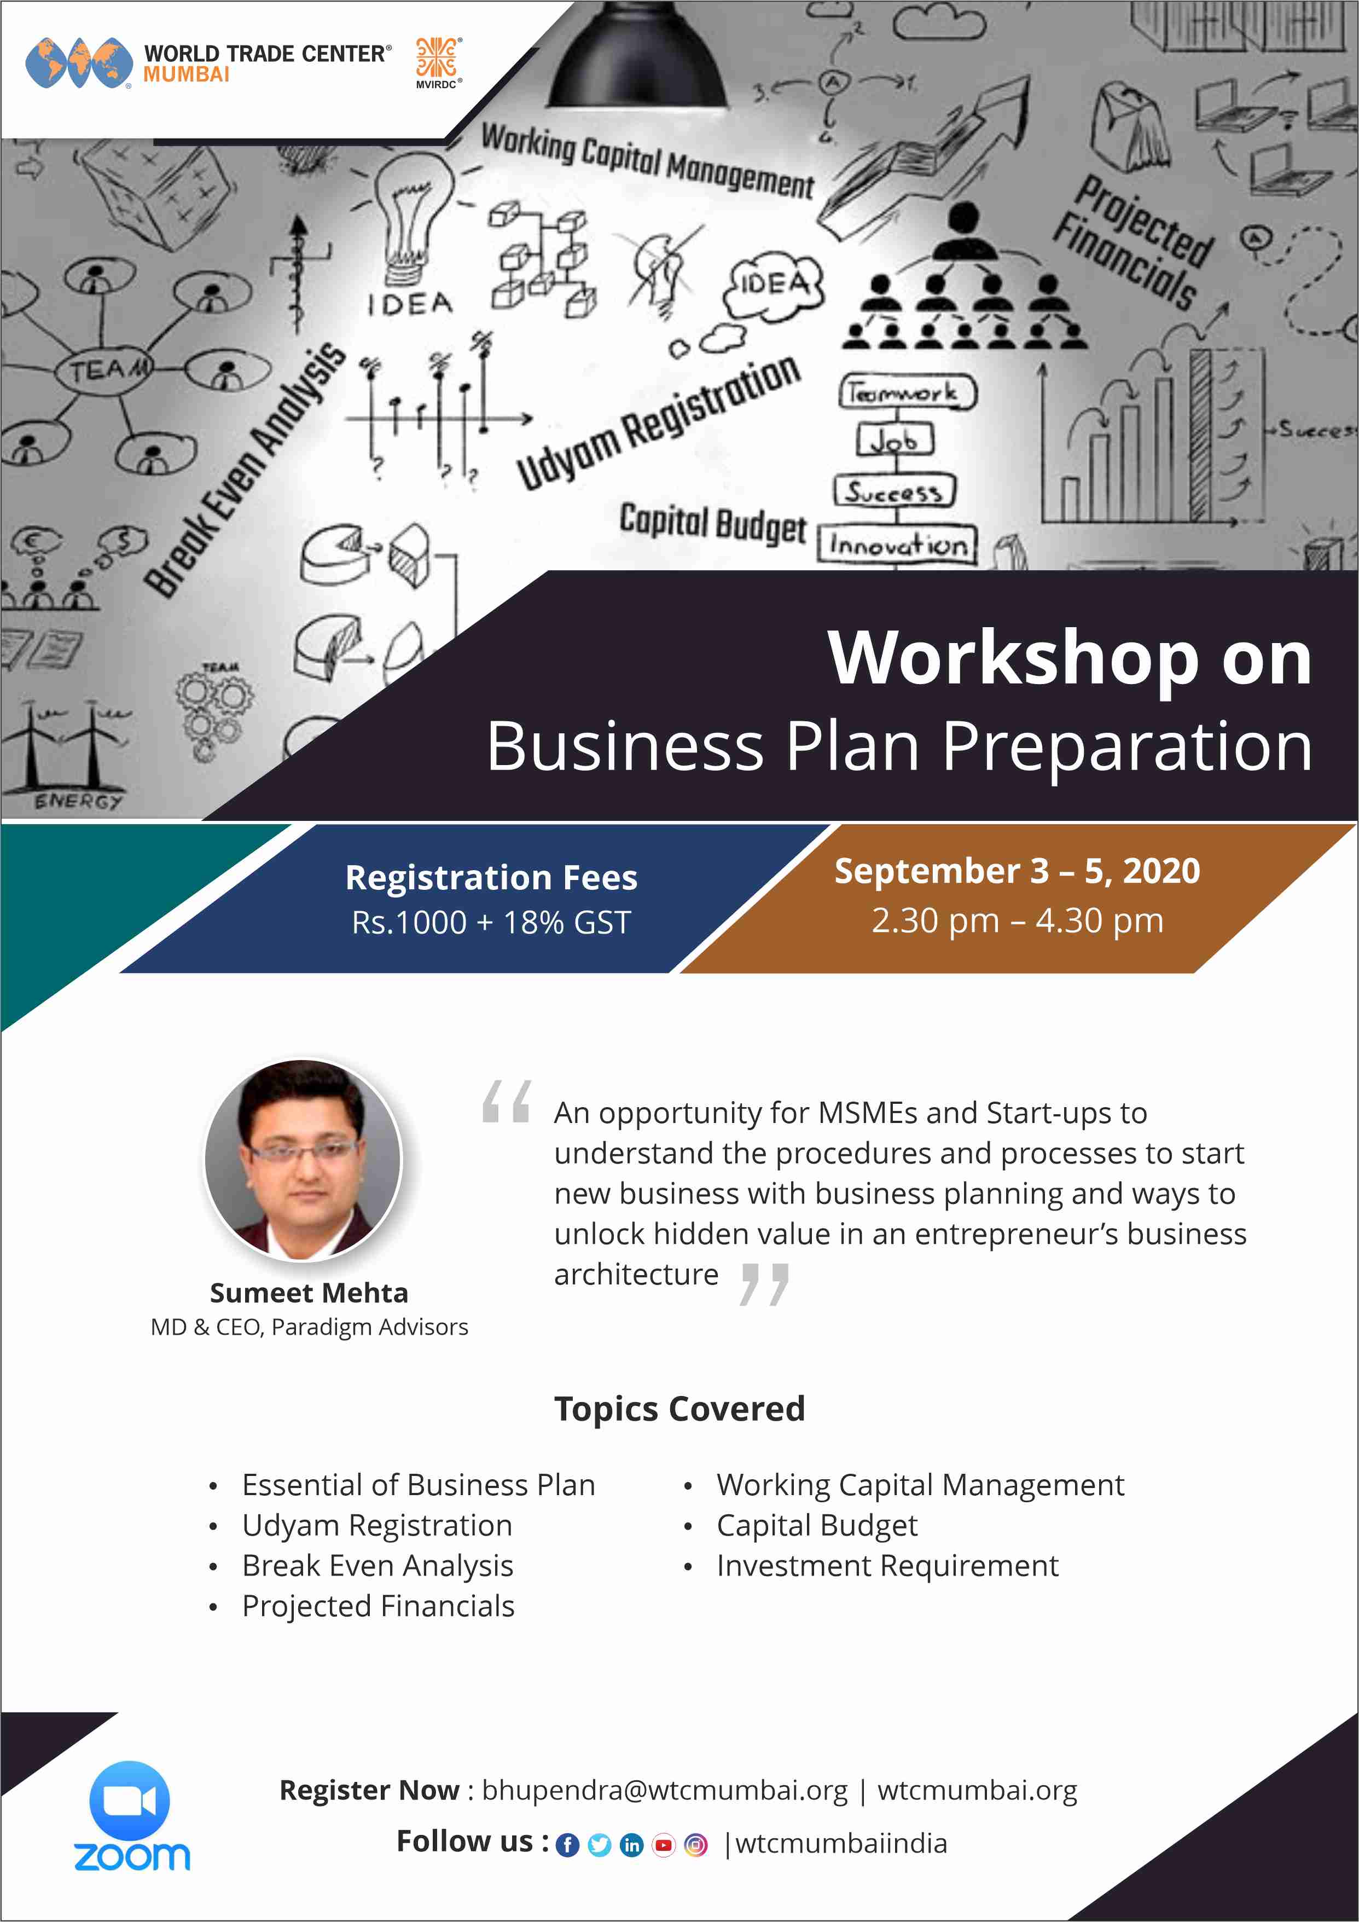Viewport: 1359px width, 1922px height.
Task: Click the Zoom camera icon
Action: [x=130, y=1800]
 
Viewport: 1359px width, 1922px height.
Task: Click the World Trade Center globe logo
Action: [x=79, y=63]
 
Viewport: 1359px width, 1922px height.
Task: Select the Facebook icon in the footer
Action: [x=567, y=1845]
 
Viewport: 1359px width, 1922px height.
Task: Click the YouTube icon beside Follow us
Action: [x=664, y=1845]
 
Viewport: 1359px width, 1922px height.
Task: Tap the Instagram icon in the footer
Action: [x=695, y=1845]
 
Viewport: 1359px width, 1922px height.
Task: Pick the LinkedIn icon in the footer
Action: [x=632, y=1845]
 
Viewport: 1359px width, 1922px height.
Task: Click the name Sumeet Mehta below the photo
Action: [x=309, y=1293]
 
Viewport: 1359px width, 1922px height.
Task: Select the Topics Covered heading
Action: [x=679, y=1409]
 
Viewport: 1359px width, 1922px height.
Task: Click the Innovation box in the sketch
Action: [x=897, y=545]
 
